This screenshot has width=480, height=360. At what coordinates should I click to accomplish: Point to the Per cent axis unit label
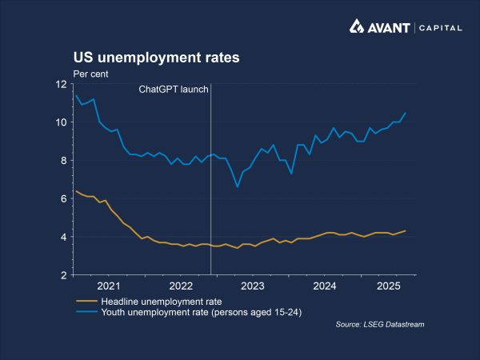click(x=90, y=74)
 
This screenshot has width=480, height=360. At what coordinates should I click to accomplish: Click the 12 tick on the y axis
click(x=61, y=84)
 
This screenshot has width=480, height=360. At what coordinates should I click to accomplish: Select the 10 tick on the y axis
click(x=61, y=122)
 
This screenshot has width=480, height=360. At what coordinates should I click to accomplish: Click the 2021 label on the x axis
click(x=108, y=286)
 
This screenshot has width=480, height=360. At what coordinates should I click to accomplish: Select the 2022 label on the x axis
click(x=180, y=286)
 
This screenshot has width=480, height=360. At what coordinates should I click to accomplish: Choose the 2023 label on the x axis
click(x=252, y=286)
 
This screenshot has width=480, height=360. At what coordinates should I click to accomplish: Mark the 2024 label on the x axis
click(x=324, y=286)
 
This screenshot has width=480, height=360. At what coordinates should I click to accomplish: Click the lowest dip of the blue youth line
click(x=238, y=187)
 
